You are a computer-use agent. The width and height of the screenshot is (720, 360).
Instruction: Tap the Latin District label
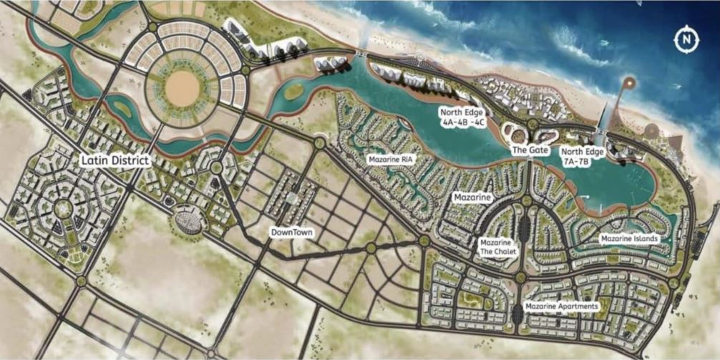(x=115, y=160)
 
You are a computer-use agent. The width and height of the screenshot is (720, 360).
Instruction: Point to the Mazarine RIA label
(x=389, y=159)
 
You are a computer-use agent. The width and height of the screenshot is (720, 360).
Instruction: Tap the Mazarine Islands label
(x=629, y=238)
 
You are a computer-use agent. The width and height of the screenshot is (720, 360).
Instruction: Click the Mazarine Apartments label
(x=561, y=306)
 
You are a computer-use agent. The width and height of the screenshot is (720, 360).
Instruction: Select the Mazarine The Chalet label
(x=495, y=248)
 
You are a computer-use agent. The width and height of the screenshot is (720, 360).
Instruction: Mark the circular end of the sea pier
(x=628, y=83)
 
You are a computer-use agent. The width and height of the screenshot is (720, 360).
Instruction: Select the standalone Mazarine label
(x=471, y=196)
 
